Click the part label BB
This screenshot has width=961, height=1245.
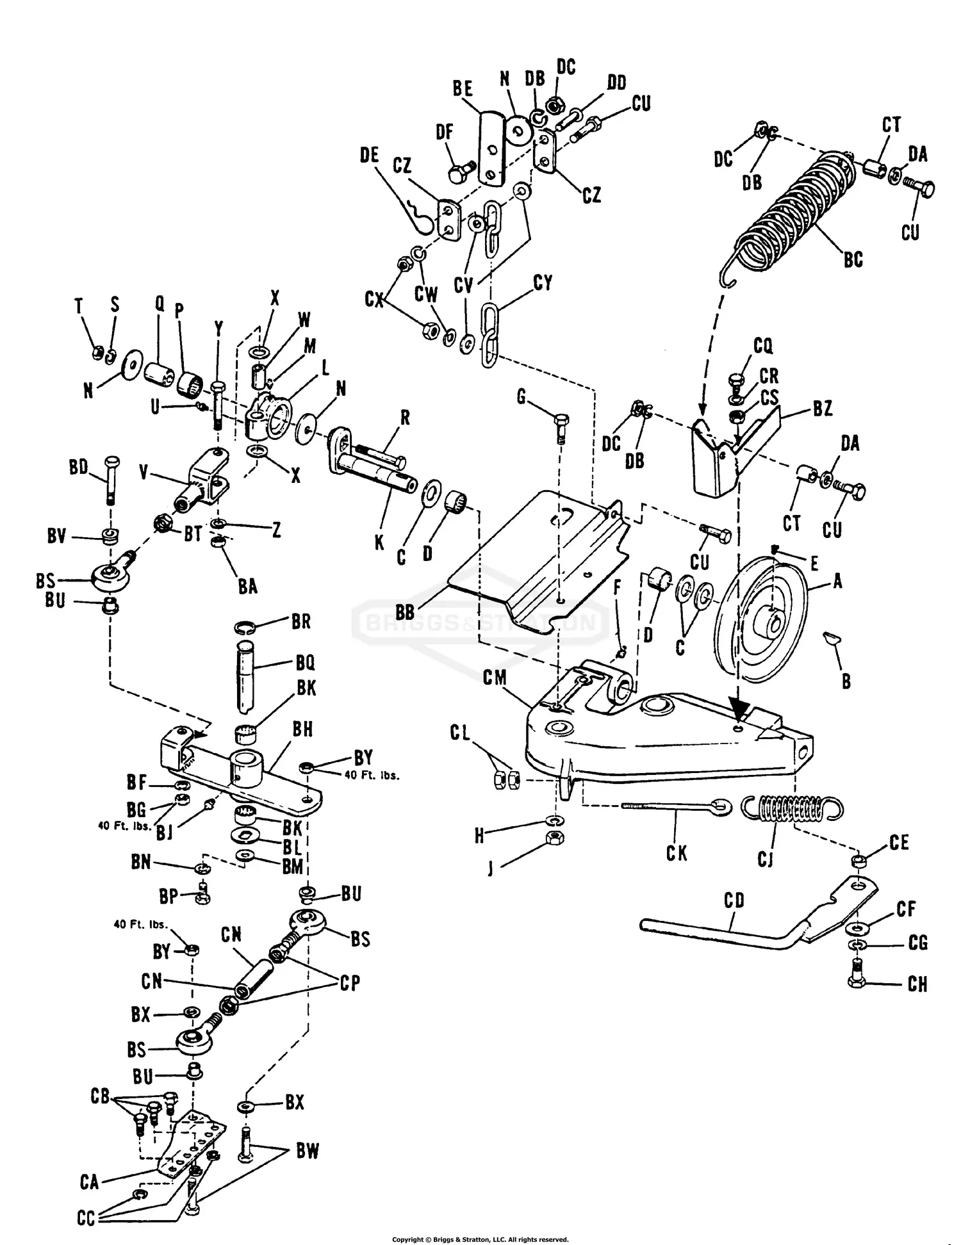coord(405,612)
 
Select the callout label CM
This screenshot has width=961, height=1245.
coord(495,678)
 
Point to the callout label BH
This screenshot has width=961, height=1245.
coord(302,729)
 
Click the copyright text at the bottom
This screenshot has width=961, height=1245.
coord(480,1239)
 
